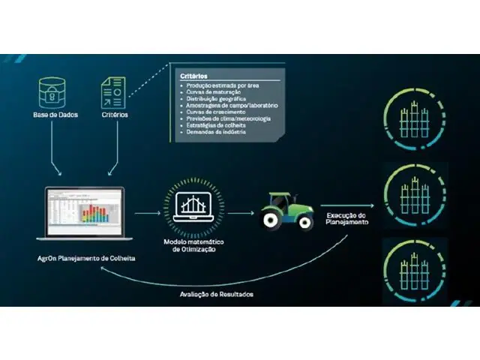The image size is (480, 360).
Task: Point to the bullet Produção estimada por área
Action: click(x=221, y=86)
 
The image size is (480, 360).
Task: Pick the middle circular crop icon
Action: click(x=411, y=192)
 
